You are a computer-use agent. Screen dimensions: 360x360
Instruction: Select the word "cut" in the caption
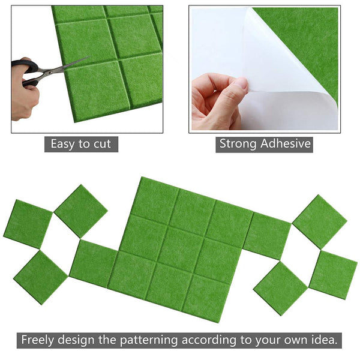101,144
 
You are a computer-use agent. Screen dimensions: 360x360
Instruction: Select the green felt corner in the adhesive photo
306,36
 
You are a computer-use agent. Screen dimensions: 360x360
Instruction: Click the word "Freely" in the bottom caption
40,340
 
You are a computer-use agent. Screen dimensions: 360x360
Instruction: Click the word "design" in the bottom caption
83,340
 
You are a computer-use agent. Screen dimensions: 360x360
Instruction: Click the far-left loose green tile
28,223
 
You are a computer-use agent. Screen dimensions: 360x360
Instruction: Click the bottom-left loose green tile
41,277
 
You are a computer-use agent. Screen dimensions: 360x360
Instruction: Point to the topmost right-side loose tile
319,221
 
